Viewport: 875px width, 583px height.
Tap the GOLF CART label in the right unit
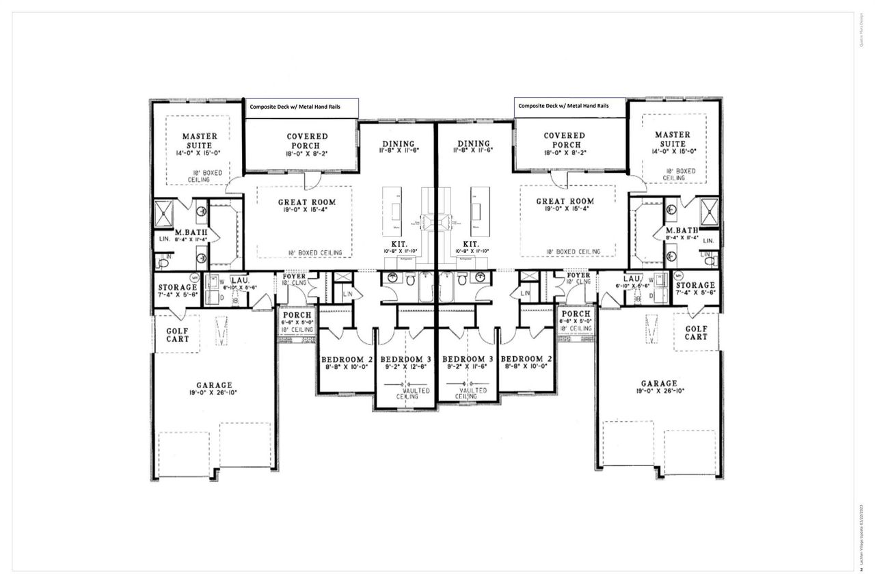click(696, 332)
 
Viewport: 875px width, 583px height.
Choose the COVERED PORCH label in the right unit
click(564, 140)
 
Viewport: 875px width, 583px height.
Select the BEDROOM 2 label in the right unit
click(526, 359)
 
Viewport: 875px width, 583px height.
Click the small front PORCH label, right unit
click(576, 314)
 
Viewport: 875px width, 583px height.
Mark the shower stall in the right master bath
click(708, 211)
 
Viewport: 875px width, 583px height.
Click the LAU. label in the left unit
click(239, 280)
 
